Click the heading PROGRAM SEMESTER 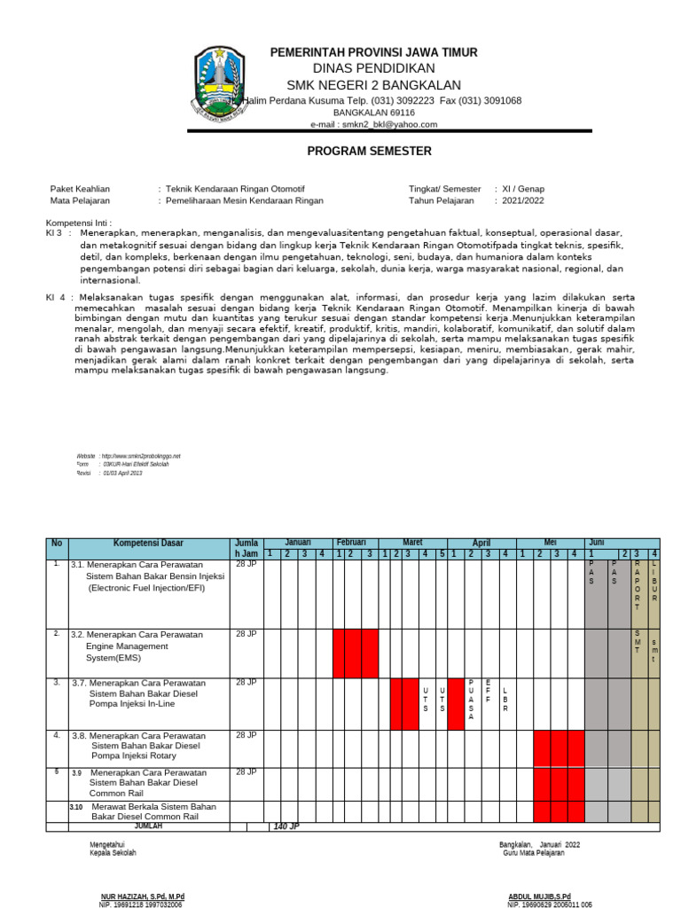pyautogui.click(x=357, y=152)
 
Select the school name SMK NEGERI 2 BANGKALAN pyautogui.click(x=373, y=85)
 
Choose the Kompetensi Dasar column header pyautogui.click(x=148, y=543)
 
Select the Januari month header pyautogui.click(x=297, y=542)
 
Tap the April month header pyautogui.click(x=481, y=543)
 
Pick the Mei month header pyautogui.click(x=549, y=542)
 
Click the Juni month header pyautogui.click(x=596, y=542)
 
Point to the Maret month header pyautogui.click(x=412, y=542)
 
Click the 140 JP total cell pyautogui.click(x=286, y=826)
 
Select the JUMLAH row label pyautogui.click(x=148, y=826)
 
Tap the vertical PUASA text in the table pyautogui.click(x=472, y=700)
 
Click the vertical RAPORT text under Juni pyautogui.click(x=637, y=585)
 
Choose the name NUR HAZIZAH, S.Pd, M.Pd pyautogui.click(x=142, y=896)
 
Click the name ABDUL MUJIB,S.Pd pyautogui.click(x=539, y=896)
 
